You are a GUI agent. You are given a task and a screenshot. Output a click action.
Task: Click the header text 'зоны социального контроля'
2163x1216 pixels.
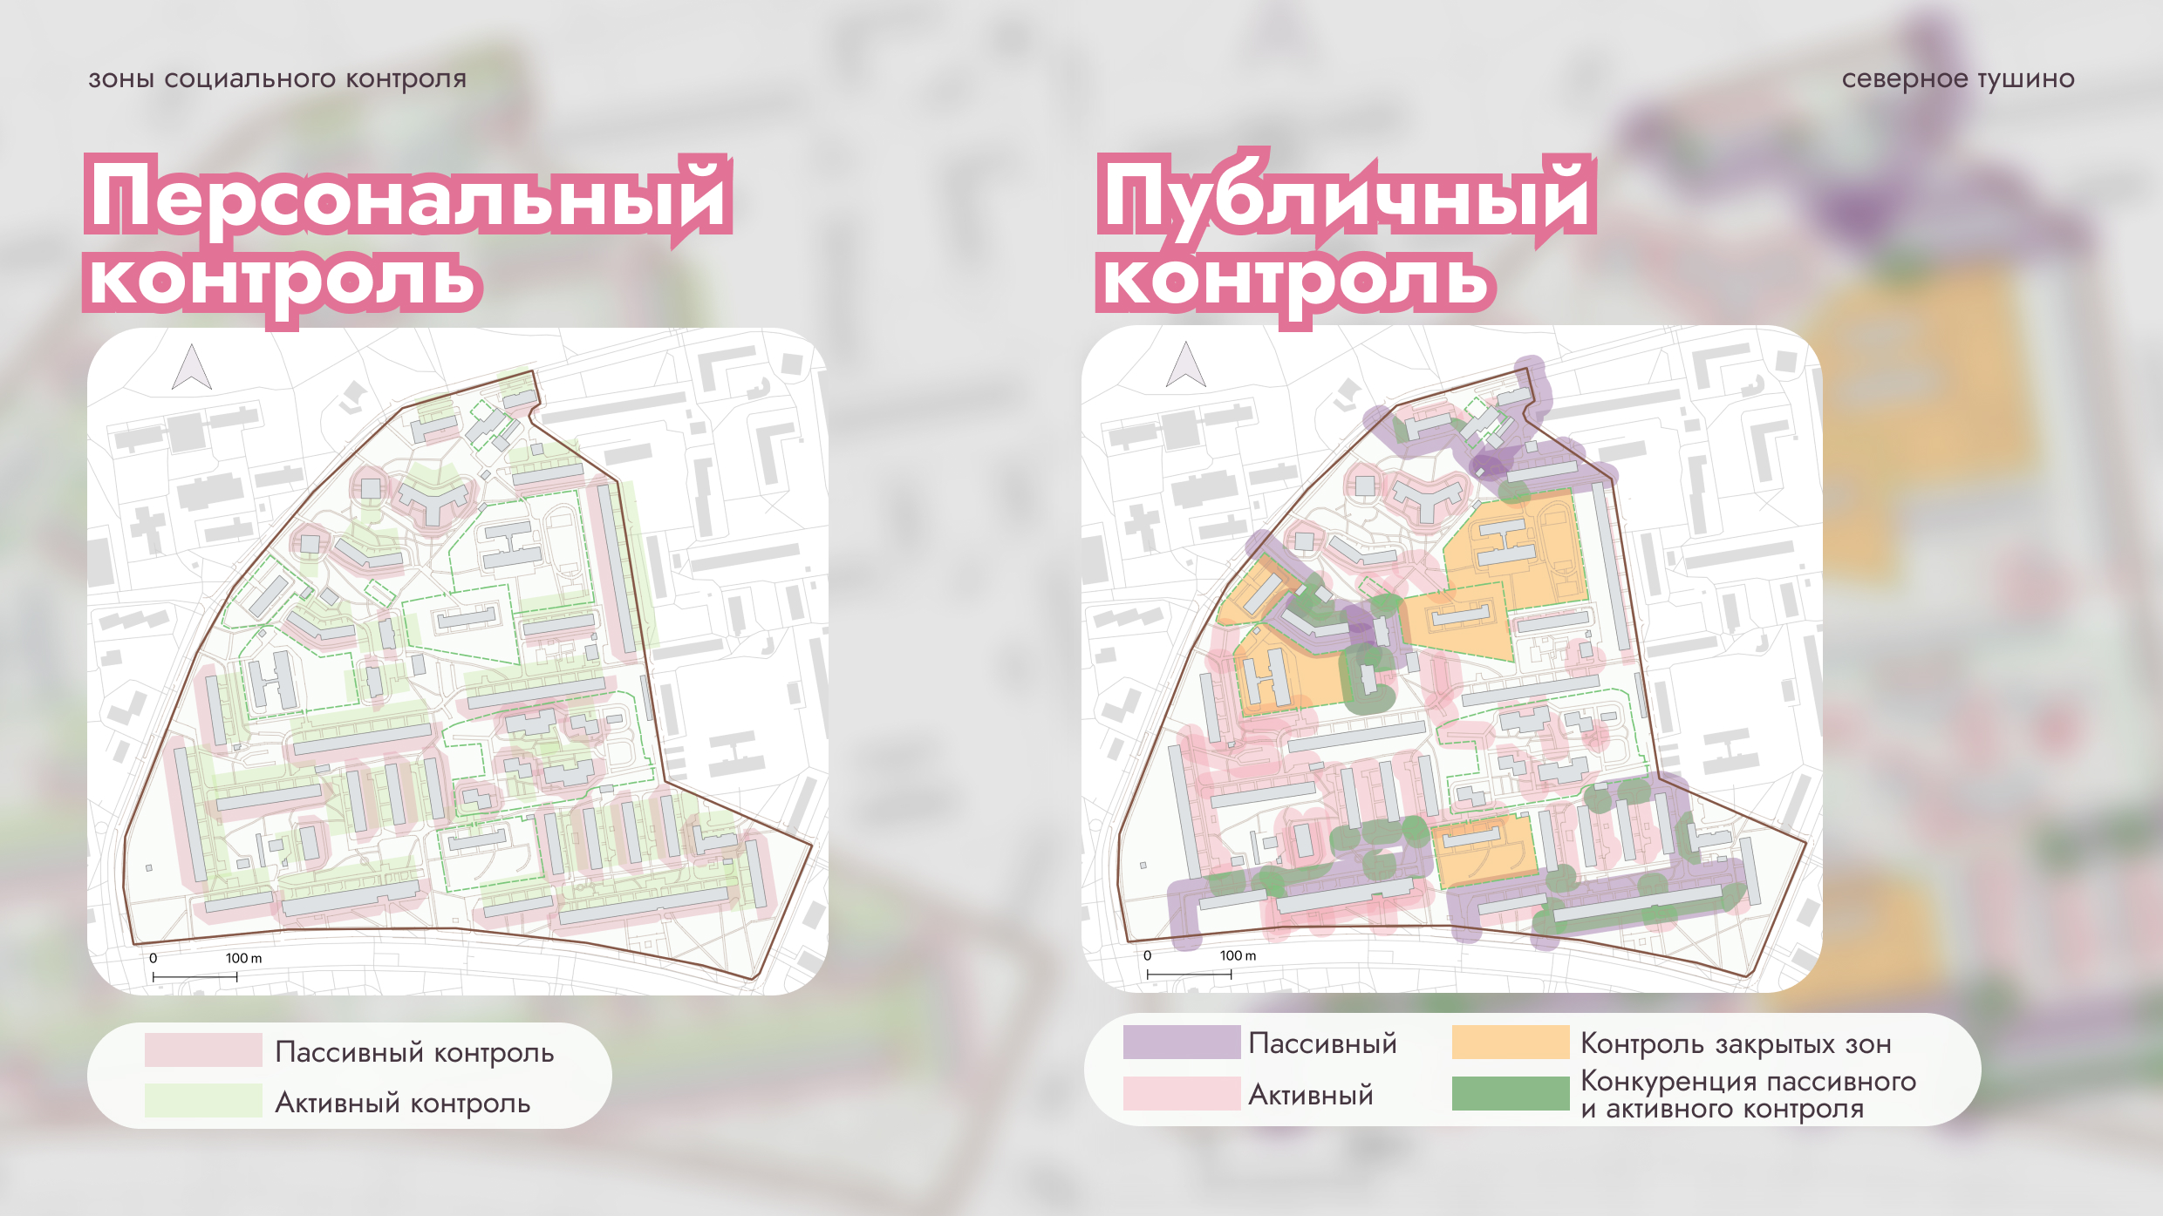tap(277, 79)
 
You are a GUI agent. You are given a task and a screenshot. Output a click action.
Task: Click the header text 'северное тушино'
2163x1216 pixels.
tap(1957, 79)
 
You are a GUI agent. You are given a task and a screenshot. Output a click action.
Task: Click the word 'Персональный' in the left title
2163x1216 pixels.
tap(407, 197)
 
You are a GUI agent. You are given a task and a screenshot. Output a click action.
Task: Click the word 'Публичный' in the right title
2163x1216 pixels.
tap(1346, 197)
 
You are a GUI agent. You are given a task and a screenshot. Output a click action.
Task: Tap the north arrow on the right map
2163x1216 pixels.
tap(1186, 365)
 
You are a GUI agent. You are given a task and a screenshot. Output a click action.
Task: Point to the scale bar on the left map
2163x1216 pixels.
tap(194, 977)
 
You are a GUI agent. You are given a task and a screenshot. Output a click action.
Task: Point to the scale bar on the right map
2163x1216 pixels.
tap(1189, 975)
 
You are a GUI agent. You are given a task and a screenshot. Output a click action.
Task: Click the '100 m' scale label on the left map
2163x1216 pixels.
tap(243, 958)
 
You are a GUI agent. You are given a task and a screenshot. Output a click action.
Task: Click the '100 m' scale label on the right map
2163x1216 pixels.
tap(1238, 955)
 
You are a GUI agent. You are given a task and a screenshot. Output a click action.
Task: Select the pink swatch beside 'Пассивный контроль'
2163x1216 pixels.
tap(203, 1050)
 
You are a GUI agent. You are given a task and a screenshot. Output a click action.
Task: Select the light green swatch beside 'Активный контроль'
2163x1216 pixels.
tap(203, 1100)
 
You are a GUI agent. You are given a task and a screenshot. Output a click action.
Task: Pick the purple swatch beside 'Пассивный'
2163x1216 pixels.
tap(1181, 1043)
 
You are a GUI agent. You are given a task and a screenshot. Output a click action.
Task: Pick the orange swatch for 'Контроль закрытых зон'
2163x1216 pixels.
tap(1510, 1043)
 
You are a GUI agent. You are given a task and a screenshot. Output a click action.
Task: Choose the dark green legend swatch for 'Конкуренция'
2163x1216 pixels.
tap(1510, 1093)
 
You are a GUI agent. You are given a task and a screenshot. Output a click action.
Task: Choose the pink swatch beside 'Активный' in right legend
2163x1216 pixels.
tap(1181, 1093)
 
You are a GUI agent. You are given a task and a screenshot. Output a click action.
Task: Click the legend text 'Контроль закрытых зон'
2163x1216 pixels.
tap(1736, 1043)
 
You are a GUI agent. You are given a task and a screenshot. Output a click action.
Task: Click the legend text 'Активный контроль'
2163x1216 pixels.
tap(402, 1103)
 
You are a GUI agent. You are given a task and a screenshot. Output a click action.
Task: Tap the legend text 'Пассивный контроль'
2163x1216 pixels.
tap(414, 1052)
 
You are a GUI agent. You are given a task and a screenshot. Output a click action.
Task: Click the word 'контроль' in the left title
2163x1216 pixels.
tap(283, 281)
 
